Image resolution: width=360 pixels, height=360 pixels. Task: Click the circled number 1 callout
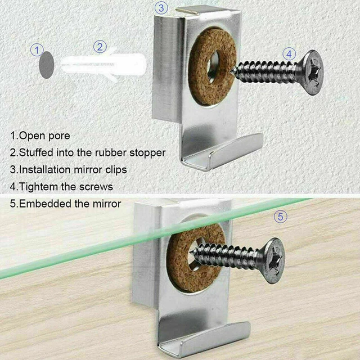(37, 50)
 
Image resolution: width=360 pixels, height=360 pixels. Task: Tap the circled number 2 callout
(100, 47)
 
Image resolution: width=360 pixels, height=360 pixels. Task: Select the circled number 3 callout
(161, 8)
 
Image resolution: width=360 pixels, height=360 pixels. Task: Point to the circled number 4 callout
(289, 53)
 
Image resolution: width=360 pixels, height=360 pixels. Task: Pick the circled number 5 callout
(280, 216)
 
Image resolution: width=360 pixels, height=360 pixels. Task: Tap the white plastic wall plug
(107, 68)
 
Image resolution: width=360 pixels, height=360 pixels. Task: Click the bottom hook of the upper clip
(225, 152)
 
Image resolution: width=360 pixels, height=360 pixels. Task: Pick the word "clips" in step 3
(114, 169)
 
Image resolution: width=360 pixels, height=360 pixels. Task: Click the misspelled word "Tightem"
(38, 186)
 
